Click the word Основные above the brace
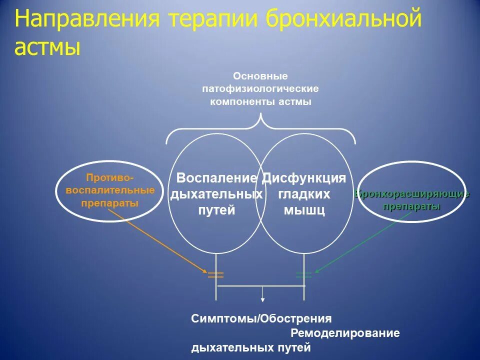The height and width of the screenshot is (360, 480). (260, 76)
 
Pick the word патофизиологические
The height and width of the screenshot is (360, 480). (260, 89)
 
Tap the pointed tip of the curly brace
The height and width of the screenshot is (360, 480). (260, 116)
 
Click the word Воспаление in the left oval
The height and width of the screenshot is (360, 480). (217, 178)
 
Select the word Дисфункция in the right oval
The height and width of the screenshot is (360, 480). (304, 178)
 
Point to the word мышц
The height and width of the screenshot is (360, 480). (304, 210)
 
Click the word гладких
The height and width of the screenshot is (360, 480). (304, 194)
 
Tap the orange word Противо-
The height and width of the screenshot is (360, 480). (110, 177)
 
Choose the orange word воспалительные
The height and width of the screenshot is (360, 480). (110, 190)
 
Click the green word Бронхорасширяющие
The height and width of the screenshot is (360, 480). (412, 194)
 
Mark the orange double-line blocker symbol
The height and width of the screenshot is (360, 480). (215, 274)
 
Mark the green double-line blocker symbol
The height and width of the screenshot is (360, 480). (303, 274)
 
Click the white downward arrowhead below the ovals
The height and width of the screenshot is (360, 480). (263, 299)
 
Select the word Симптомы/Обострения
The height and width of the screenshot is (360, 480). (261, 318)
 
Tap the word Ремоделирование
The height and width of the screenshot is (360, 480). (345, 333)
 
